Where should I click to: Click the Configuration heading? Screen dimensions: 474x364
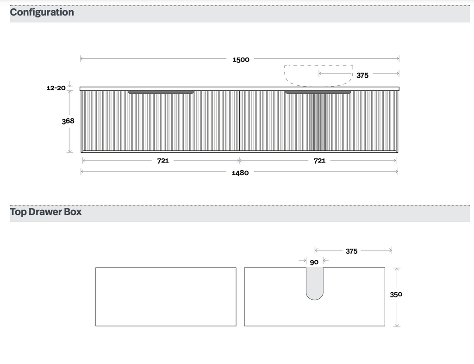[42, 13]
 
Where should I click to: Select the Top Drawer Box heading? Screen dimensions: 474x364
[46, 212]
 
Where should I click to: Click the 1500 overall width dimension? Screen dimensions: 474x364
[241, 60]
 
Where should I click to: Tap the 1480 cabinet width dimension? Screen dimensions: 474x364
[240, 173]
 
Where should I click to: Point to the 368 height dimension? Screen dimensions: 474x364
[68, 121]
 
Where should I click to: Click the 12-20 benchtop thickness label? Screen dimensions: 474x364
[56, 88]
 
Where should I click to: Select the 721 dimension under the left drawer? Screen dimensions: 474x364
[163, 161]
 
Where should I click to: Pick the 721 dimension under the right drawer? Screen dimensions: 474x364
[319, 161]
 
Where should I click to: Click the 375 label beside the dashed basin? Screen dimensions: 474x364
[362, 75]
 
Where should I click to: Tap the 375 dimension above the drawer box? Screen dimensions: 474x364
[352, 251]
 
